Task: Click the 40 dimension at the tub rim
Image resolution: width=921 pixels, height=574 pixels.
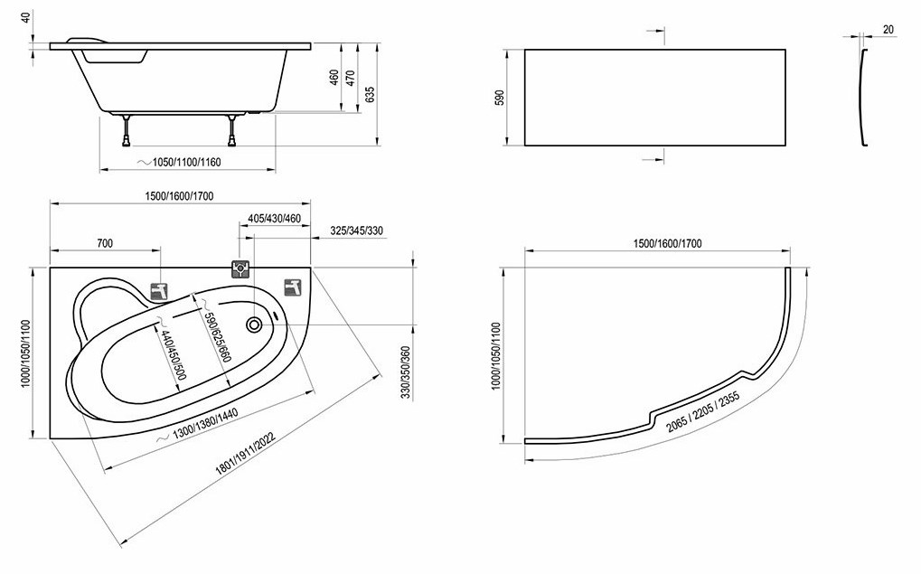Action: pos(25,17)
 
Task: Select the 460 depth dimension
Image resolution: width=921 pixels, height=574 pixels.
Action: pos(334,77)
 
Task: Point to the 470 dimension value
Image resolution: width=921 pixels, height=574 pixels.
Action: pos(350,78)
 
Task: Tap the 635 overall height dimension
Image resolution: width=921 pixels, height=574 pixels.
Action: pos(370,95)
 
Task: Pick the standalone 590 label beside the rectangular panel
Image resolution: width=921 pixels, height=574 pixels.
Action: pos(500,98)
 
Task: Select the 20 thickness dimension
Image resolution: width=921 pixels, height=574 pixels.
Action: pos(888,29)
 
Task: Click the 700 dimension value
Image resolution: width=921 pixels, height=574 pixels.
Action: pos(105,243)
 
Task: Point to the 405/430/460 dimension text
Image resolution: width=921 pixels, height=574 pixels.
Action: pos(274,219)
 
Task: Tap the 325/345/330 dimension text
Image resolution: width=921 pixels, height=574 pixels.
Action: pos(356,231)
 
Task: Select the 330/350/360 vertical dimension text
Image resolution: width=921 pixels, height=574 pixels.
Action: pos(406,372)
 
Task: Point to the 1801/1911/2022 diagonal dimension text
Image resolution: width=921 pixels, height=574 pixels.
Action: pos(245,454)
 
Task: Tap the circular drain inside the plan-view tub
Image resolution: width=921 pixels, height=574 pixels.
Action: pos(255,325)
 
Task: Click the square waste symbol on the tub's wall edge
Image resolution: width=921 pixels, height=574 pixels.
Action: pos(240,269)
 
